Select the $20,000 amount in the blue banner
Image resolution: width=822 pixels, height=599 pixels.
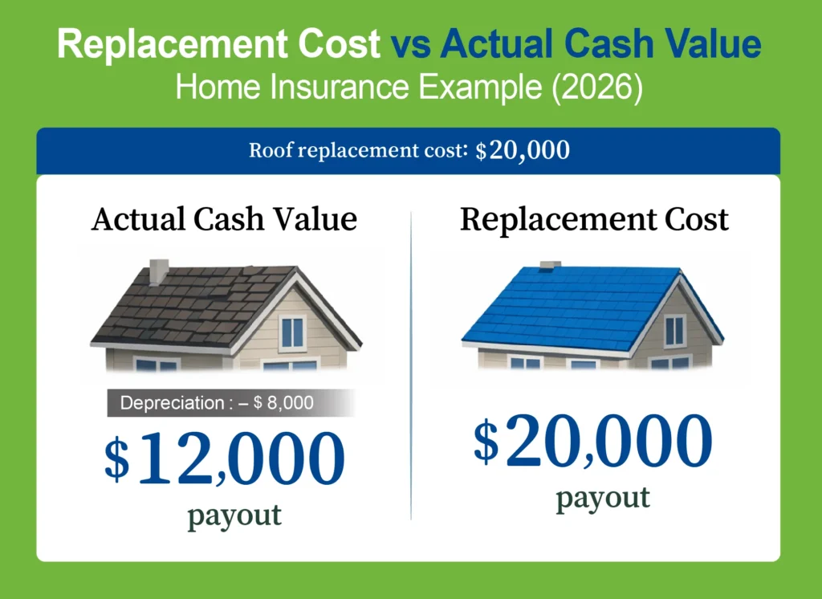pyautogui.click(x=523, y=151)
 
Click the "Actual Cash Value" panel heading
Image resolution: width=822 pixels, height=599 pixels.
pyautogui.click(x=224, y=219)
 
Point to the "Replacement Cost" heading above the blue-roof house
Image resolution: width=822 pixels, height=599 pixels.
pyautogui.click(x=594, y=219)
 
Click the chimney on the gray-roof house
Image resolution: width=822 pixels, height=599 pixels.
pyautogui.click(x=159, y=271)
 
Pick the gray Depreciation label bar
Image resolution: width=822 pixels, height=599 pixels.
pyautogui.click(x=231, y=403)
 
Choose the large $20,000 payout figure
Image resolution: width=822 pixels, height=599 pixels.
pyautogui.click(x=593, y=442)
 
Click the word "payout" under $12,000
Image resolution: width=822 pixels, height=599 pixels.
pyautogui.click(x=234, y=515)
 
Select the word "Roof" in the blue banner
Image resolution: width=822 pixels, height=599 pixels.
pyautogui.click(x=270, y=151)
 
